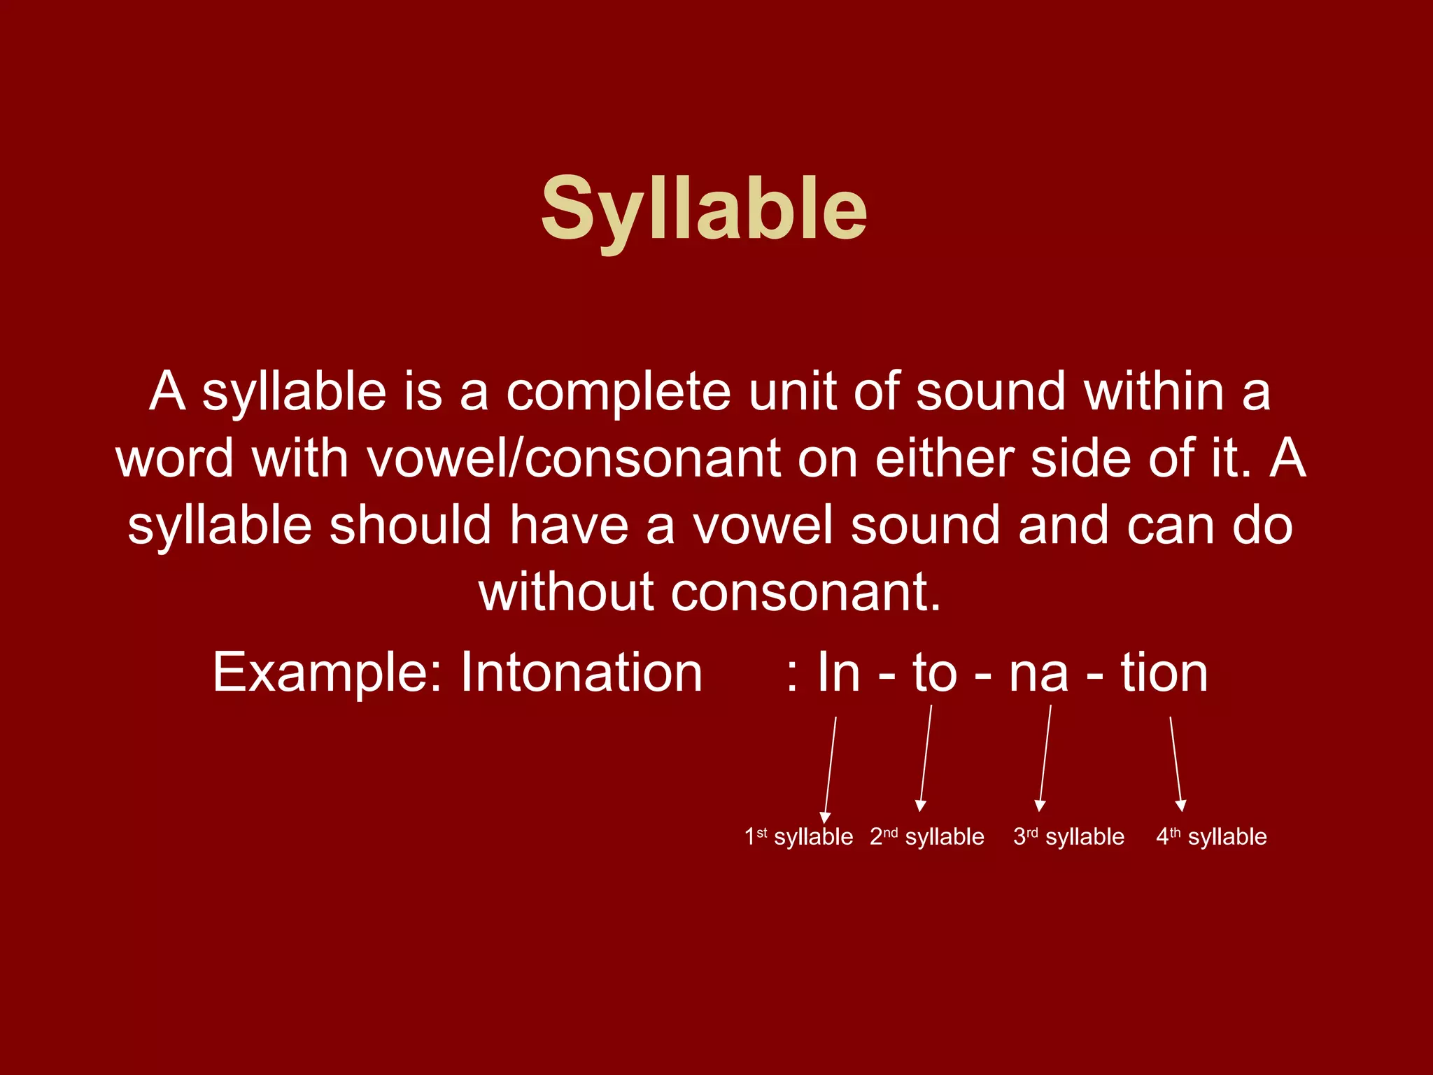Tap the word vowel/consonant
[574, 459]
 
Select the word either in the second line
[945, 459]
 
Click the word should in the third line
[411, 526]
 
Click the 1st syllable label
[798, 837]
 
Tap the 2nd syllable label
[926, 837]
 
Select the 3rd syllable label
[1068, 837]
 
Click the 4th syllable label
[1211, 837]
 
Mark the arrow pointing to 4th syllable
[1176, 763]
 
